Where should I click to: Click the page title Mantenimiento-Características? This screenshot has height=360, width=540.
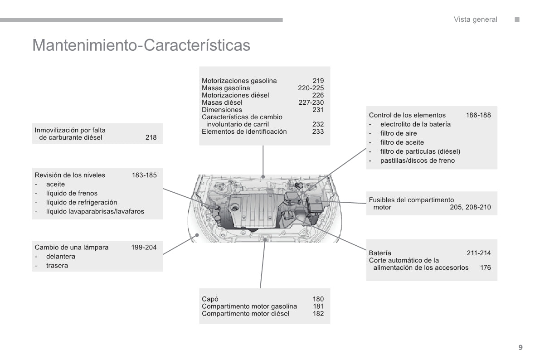click(141, 45)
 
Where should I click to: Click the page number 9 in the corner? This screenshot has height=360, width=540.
click(521, 347)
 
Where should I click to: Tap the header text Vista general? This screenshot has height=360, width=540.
click(475, 19)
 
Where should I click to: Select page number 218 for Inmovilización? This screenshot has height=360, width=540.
click(151, 137)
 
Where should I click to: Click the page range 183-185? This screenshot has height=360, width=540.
click(144, 175)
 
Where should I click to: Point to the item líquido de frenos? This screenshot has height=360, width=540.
click(72, 193)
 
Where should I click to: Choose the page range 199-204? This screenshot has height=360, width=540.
click(144, 248)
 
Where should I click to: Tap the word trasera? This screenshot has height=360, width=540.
click(57, 266)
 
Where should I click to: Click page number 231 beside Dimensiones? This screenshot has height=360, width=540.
click(318, 110)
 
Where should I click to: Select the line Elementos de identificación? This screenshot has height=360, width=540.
click(244, 131)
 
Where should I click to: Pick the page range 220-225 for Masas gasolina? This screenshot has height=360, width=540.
click(311, 88)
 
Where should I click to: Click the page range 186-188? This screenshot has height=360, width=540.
click(478, 115)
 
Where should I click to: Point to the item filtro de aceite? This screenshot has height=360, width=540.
click(402, 142)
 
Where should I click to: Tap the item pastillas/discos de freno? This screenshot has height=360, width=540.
click(417, 161)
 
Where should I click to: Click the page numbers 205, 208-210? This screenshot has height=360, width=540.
click(470, 208)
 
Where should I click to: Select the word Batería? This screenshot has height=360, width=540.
click(380, 253)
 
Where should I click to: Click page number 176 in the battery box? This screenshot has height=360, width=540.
click(485, 268)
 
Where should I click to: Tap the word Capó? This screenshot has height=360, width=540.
click(210, 299)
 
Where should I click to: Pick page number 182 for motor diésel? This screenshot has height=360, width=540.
click(318, 314)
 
